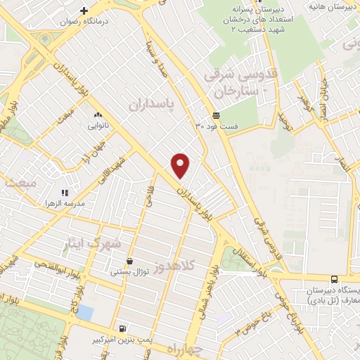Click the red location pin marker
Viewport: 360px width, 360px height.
tap(181, 165)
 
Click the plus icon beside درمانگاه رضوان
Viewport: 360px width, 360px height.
tap(84, 11)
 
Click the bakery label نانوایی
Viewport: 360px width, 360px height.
tap(97, 126)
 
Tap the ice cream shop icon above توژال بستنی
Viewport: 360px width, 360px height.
tap(129, 260)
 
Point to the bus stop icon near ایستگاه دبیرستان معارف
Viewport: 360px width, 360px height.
tap(333, 278)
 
